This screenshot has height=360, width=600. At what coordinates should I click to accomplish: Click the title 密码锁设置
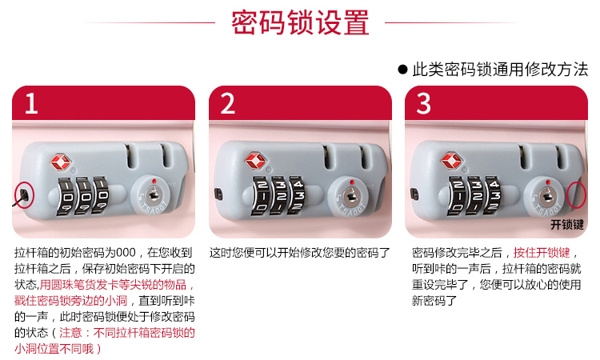(300, 22)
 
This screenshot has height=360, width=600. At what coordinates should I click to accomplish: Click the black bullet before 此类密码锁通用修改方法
(402, 70)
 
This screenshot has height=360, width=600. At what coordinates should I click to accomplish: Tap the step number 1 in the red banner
(31, 103)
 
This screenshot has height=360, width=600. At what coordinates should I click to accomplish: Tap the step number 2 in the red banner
(227, 103)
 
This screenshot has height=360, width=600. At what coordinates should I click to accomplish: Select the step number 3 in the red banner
(423, 103)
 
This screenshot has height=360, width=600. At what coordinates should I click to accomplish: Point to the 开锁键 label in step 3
(567, 225)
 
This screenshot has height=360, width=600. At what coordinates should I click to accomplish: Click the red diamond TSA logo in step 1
(61, 162)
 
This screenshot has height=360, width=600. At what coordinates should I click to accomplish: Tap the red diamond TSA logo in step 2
(256, 161)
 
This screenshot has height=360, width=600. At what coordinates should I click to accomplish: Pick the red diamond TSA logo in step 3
(451, 161)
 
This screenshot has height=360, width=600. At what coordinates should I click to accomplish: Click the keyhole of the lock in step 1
(154, 194)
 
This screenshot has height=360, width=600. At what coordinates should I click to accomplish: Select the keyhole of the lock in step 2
(350, 195)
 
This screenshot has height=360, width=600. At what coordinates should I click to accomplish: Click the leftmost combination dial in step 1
(66, 196)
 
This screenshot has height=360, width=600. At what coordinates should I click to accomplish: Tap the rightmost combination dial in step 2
(298, 195)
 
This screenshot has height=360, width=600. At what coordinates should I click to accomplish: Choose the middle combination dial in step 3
(476, 195)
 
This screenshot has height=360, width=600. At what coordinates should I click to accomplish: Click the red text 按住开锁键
(542, 253)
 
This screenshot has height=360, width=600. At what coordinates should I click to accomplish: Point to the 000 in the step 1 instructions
(126, 253)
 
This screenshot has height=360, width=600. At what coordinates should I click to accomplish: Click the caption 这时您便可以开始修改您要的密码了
(300, 253)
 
